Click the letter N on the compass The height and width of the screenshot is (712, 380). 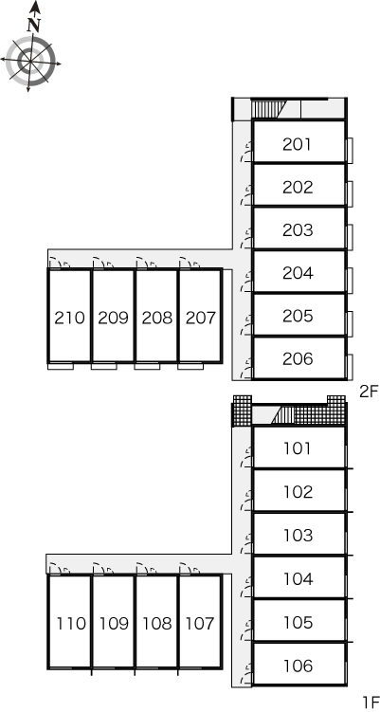tap(33, 26)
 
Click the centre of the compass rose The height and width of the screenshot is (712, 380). tap(30, 61)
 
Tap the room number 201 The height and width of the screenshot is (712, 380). tap(298, 144)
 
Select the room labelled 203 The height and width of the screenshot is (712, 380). tap(298, 230)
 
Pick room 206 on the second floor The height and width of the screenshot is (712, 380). tap(298, 358)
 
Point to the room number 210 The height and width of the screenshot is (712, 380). tap(69, 318)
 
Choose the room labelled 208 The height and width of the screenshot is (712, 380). tap(157, 318)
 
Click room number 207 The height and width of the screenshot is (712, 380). tap(201, 318)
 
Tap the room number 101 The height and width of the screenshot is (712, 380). tap(298, 448)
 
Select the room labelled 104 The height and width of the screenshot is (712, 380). tap(298, 579)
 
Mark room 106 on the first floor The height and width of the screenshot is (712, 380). tap(298, 666)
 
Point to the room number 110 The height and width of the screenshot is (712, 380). tap(71, 624)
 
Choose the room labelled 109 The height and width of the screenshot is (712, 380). tap(114, 624)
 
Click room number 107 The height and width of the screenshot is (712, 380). tap(200, 624)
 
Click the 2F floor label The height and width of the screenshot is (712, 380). tap(369, 392)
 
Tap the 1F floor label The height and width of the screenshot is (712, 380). tap(371, 702)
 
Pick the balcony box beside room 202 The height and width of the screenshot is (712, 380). tap(350, 193)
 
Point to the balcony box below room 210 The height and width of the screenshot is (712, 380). tap(61, 366)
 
